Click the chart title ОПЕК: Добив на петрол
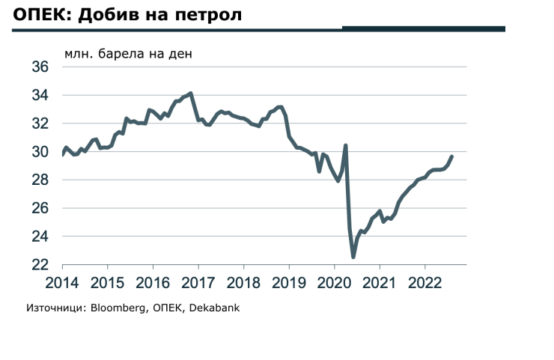pos(127,14)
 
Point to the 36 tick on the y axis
pos(40,67)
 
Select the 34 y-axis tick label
pos(40,96)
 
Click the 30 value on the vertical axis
pos(40,152)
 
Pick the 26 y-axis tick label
pos(40,208)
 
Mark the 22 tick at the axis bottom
pos(40,265)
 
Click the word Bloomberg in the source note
pos(121,308)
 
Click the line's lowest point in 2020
pos(353,257)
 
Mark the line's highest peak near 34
pos(192,94)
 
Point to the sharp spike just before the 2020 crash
pos(345,145)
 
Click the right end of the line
pos(451,156)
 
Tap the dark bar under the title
pos(424,28)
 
